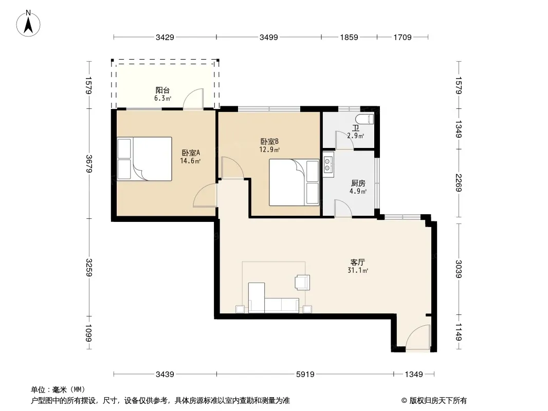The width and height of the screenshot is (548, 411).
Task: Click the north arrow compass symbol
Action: tap(28, 24)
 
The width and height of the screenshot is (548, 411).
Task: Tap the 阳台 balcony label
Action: tap(162, 90)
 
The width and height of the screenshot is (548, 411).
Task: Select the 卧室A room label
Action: tap(191, 153)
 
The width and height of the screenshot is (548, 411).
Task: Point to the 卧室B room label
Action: tap(269, 141)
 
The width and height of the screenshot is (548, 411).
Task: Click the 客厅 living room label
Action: tap(357, 262)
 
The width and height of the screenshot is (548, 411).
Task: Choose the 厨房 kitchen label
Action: tap(358, 183)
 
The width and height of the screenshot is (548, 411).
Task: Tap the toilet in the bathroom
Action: tap(364, 119)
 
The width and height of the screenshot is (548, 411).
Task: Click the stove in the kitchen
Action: tap(328, 165)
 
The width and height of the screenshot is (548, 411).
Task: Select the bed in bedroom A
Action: tap(144, 159)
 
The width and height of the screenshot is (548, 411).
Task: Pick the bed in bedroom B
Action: tap(294, 182)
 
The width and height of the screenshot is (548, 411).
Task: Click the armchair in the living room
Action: tap(302, 282)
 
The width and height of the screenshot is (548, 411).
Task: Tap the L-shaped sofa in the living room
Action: tap(273, 298)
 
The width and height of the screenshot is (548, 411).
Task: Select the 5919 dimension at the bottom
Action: tap(305, 375)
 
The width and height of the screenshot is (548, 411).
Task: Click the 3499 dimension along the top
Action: tap(268, 37)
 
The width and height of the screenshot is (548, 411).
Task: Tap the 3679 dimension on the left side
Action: tap(89, 164)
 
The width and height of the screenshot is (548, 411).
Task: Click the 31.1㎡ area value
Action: tap(357, 270)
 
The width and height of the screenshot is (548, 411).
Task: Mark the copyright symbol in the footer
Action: tap(404, 401)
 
